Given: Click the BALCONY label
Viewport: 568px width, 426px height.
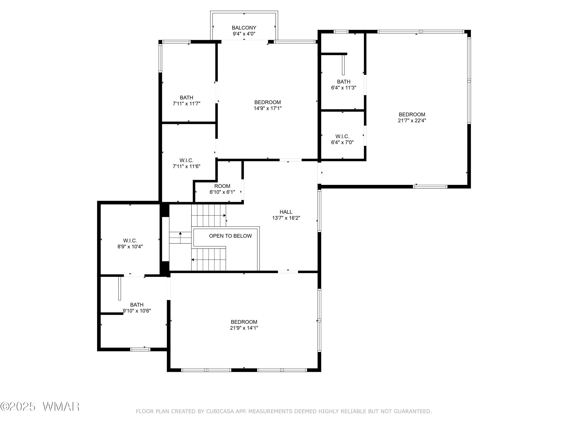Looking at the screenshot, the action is [244, 28].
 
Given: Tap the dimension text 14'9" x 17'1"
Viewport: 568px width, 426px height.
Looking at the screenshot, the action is [268, 108].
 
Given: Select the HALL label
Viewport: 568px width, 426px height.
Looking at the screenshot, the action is [286, 212].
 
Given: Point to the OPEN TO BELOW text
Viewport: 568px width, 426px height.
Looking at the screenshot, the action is [230, 236].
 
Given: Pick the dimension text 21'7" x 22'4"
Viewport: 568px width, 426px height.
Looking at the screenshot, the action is [412, 120].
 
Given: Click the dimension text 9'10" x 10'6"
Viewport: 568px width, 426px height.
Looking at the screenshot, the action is [137, 311].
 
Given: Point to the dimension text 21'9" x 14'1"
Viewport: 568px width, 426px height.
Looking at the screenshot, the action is [244, 328].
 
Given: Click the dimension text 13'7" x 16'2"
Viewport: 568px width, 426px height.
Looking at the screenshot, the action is [286, 218].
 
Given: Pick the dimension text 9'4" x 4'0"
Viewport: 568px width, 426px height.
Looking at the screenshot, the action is [244, 34].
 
